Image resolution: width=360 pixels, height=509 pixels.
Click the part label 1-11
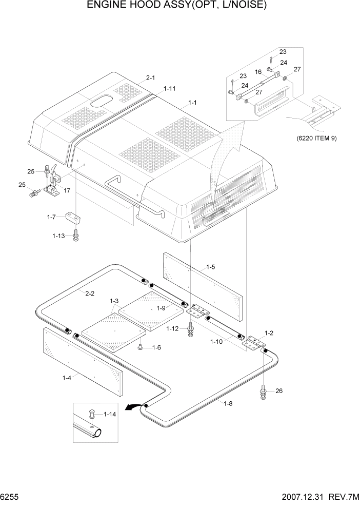tap(170, 89)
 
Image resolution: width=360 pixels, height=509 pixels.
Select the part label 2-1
tap(150, 78)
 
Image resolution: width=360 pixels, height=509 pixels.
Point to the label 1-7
tap(51, 217)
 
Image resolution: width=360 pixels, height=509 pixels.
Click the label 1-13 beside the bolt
tap(58, 236)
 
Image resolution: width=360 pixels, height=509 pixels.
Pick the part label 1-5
tap(210, 267)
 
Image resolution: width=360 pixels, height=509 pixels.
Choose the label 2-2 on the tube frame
tap(89, 293)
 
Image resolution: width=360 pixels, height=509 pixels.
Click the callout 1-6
tap(156, 347)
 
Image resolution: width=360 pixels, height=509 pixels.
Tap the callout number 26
tap(279, 391)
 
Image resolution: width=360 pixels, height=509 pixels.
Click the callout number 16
tap(258, 72)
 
